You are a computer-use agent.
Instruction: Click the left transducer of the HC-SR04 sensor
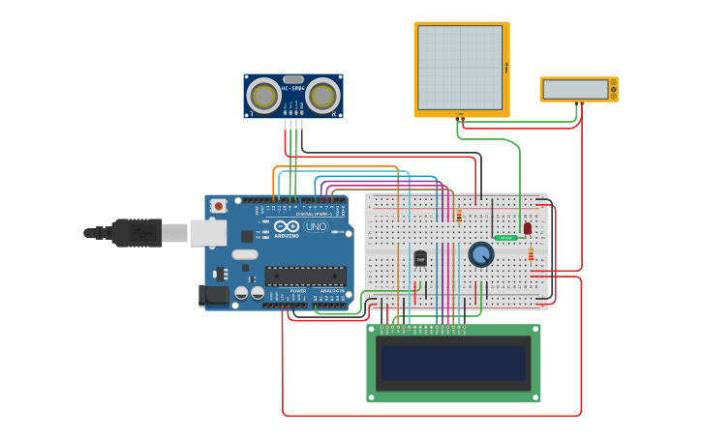(x=263, y=95)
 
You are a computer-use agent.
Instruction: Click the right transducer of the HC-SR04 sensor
(x=323, y=95)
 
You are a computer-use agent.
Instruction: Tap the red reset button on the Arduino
(x=220, y=205)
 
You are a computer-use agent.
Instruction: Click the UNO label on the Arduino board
(x=317, y=227)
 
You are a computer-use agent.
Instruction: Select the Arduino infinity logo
(x=286, y=226)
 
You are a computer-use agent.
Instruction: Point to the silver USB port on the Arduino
(x=208, y=232)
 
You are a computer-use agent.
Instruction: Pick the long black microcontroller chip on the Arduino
(x=305, y=276)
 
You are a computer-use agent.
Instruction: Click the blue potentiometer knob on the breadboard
(x=481, y=254)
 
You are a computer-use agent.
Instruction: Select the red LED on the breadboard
(x=527, y=228)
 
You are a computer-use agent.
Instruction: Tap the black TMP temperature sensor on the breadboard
(x=420, y=258)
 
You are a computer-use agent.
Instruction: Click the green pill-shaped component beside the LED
(x=505, y=237)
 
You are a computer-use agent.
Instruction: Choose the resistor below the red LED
(x=531, y=254)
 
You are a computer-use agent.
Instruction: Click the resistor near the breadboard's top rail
(x=458, y=216)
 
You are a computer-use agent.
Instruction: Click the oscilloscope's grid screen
(x=460, y=68)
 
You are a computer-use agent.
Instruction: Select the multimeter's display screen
(x=575, y=89)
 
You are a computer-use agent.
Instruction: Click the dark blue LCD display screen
(x=453, y=363)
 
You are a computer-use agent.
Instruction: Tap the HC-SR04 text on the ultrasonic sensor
(x=293, y=89)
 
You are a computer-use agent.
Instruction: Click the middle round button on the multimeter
(x=614, y=89)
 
